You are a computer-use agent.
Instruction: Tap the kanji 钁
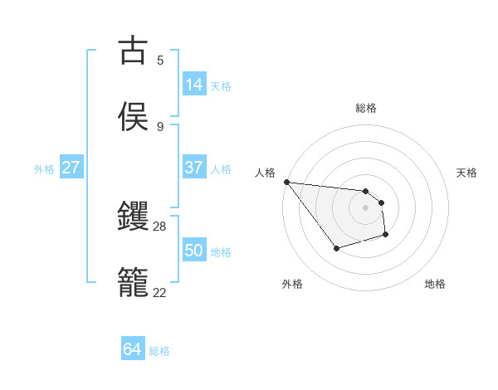click(x=134, y=216)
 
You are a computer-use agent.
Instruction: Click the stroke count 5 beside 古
click(x=160, y=60)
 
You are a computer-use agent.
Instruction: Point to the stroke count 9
click(x=160, y=126)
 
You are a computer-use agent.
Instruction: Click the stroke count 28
click(x=160, y=226)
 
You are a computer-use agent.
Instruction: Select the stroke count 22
click(x=160, y=292)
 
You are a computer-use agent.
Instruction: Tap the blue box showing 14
click(x=194, y=85)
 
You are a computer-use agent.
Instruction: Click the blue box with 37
click(x=194, y=168)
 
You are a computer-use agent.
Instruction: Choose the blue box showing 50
click(x=194, y=251)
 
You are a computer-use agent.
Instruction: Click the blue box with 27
click(x=71, y=168)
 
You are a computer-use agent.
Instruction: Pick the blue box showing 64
click(x=133, y=350)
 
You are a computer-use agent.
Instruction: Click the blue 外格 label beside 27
click(x=44, y=168)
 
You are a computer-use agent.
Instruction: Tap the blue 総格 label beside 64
click(x=159, y=351)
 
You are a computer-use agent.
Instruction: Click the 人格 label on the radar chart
click(x=265, y=173)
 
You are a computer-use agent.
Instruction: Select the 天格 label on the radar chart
click(x=467, y=173)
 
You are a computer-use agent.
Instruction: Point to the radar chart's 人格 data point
click(x=286, y=182)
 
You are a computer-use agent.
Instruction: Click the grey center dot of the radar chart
click(x=365, y=207)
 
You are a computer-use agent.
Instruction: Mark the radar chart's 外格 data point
click(x=336, y=247)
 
